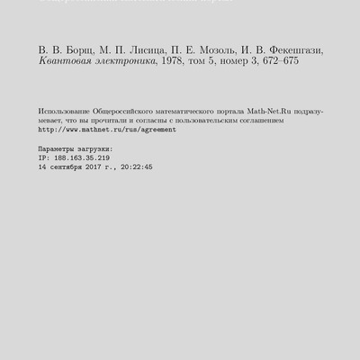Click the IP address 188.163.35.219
pos(83,157)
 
